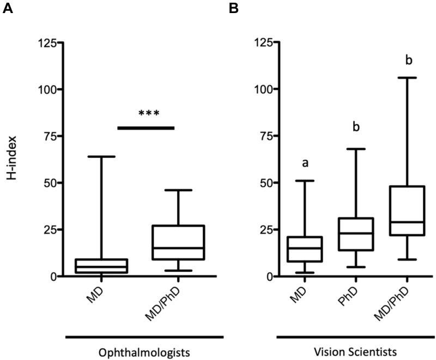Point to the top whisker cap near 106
click(409, 78)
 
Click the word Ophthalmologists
click(144, 352)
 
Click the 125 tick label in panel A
click(47, 42)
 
